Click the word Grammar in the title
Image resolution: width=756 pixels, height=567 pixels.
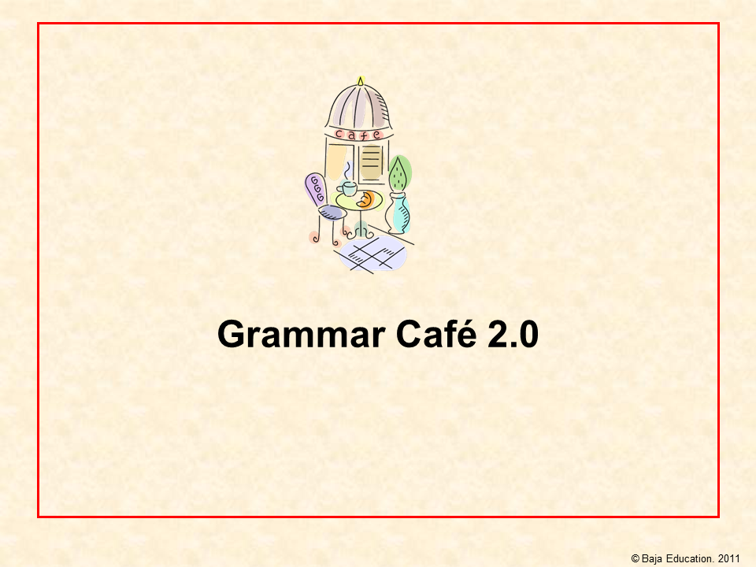302,335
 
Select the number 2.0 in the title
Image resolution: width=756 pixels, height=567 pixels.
513,334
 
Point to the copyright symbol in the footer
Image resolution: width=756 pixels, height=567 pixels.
635,558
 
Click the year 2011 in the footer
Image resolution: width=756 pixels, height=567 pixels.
728,558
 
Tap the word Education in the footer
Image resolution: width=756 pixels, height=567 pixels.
690,558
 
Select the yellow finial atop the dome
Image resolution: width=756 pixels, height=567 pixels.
360,81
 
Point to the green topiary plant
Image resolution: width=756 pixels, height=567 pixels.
399,173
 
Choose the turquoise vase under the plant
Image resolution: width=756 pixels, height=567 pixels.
398,213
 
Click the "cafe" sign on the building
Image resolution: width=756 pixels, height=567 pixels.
359,135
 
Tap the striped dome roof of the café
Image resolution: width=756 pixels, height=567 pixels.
359,107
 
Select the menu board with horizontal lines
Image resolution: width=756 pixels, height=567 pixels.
371,162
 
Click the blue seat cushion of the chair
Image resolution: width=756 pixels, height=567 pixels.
332,212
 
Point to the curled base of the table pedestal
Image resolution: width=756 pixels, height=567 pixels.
361,234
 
